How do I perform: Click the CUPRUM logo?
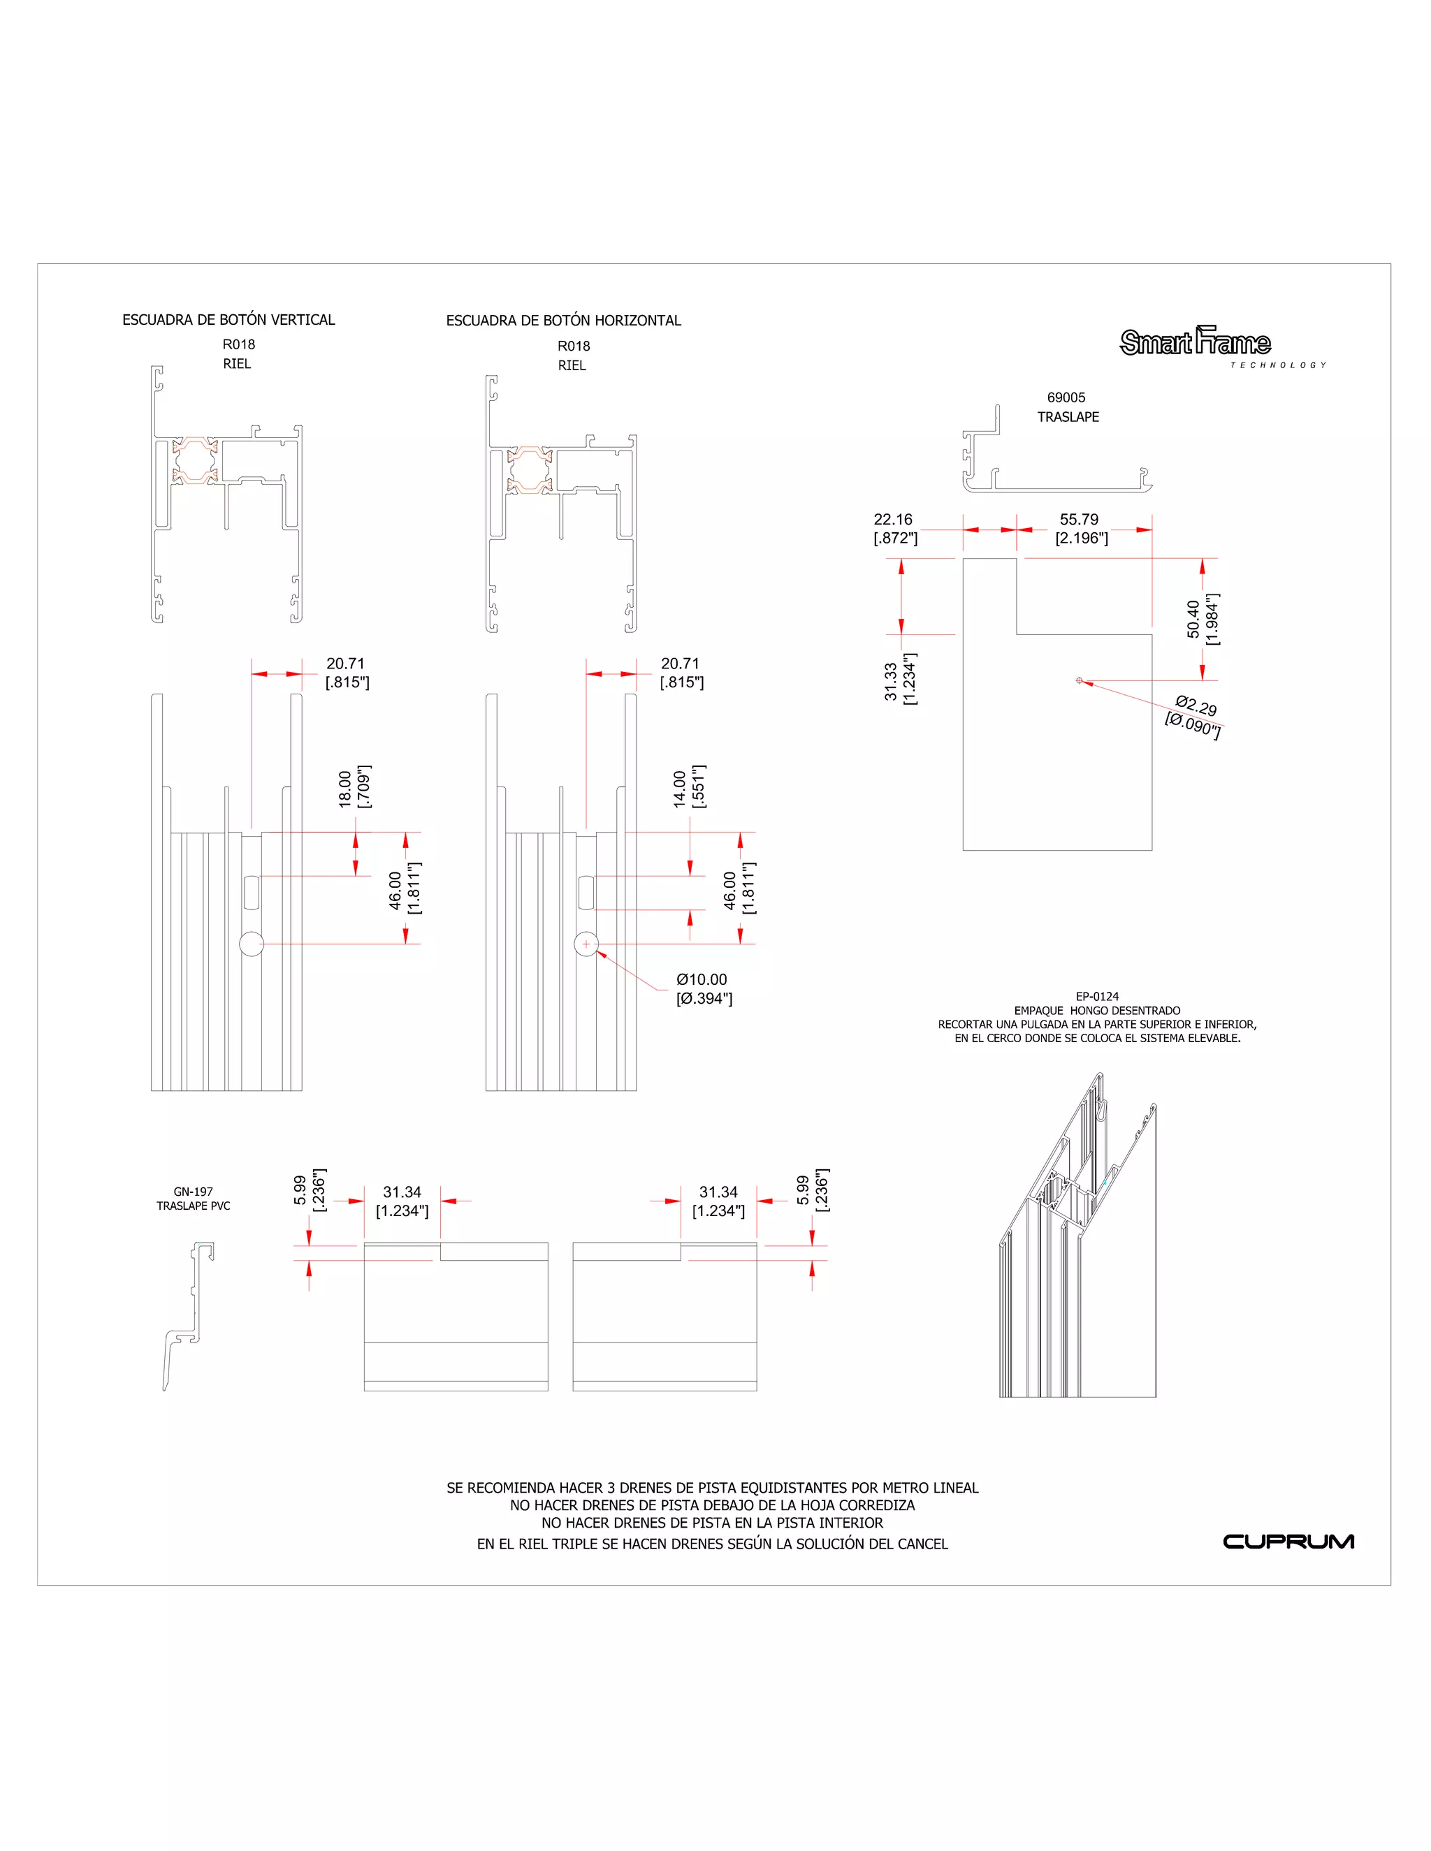1288,1542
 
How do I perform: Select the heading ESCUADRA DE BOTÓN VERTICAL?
229,319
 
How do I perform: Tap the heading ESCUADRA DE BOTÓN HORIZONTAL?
564,321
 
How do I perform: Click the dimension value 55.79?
1078,520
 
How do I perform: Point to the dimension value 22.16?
893,520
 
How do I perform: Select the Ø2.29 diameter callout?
1196,706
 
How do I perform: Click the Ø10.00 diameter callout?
702,980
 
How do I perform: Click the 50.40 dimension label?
1193,619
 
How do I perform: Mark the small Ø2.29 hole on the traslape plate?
1079,680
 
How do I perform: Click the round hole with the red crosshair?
586,944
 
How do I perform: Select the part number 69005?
1066,397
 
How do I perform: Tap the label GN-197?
194,1192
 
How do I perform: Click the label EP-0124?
1097,997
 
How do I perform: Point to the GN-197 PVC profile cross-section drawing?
188,1315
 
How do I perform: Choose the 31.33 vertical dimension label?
890,682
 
